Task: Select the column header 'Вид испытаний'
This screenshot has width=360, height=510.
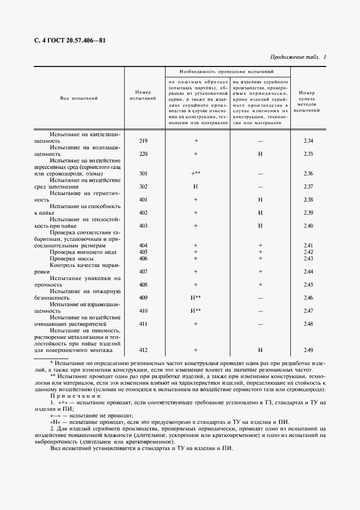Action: [78, 99]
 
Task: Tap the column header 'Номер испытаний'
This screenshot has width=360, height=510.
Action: [144, 95]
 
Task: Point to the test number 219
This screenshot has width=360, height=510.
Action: [144, 141]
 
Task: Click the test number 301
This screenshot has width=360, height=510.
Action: [144, 174]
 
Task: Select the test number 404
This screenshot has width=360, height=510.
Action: [144, 245]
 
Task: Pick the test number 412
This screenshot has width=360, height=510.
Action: [144, 350]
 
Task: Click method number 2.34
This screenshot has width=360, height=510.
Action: [308, 141]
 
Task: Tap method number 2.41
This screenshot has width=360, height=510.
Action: [308, 245]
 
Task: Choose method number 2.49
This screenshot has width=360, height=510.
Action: [308, 350]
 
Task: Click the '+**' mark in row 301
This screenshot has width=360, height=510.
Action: [196, 174]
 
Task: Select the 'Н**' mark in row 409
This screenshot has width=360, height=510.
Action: [196, 297]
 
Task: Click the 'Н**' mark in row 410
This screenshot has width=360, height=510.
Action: [196, 311]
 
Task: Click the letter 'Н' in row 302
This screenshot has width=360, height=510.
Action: [195, 186]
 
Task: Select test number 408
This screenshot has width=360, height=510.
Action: [144, 284]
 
